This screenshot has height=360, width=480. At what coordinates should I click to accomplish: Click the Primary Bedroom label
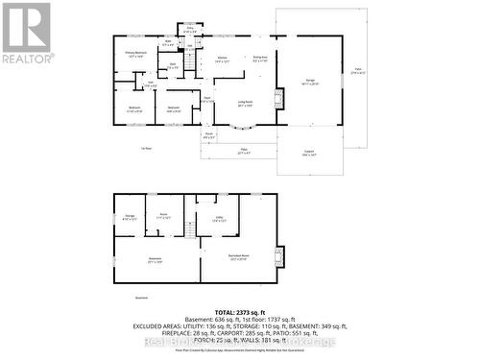pyautogui.click(x=134, y=53)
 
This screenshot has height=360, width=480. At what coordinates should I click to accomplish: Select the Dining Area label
pyautogui.click(x=259, y=59)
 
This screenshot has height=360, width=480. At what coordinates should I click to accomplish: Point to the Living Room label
pyautogui.click(x=246, y=103)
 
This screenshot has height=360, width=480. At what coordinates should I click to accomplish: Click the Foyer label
pyautogui.click(x=206, y=99)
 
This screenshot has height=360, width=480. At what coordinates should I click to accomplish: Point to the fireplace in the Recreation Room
pyautogui.click(x=279, y=256)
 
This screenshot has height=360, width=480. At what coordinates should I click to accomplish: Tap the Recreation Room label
pyautogui.click(x=238, y=255)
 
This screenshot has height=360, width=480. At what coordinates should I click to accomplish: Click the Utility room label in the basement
pyautogui.click(x=219, y=219)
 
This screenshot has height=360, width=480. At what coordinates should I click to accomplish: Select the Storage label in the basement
pyautogui.click(x=130, y=217)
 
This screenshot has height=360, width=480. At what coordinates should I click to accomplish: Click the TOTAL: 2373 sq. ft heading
pyautogui.click(x=239, y=313)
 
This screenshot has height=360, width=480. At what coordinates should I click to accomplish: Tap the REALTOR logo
pyautogui.click(x=25, y=34)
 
